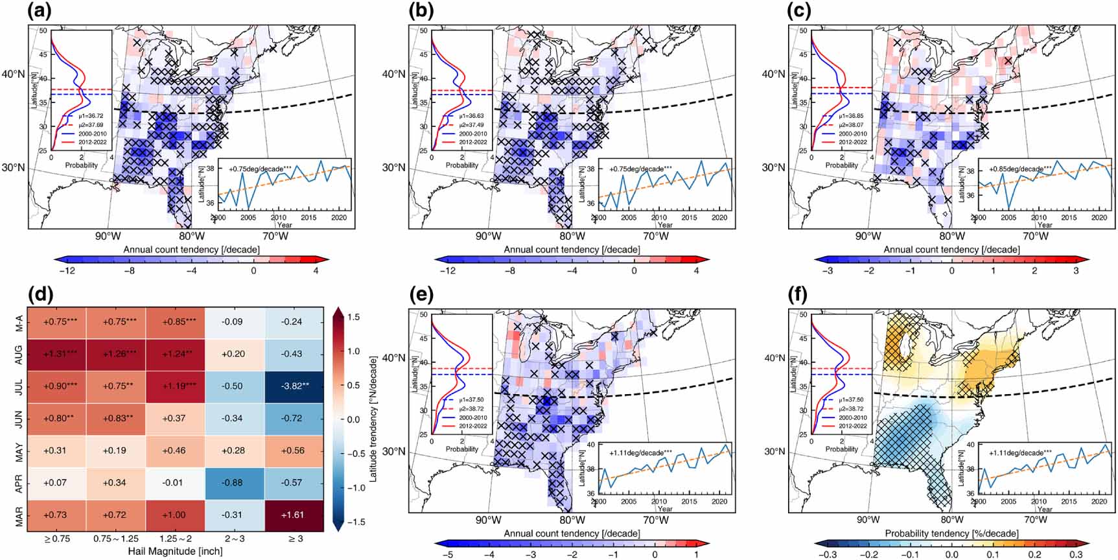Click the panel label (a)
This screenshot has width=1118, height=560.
[x=40, y=11]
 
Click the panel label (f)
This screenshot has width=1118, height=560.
[x=800, y=295]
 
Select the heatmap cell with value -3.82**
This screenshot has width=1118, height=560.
[x=292, y=386]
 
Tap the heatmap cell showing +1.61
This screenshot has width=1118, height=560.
[x=292, y=515]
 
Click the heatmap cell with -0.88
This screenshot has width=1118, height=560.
[x=233, y=482]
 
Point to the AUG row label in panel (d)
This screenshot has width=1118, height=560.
[x=19, y=354]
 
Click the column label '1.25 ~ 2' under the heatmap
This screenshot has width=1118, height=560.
[x=175, y=538]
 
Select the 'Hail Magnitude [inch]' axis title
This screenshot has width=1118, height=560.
[x=175, y=551]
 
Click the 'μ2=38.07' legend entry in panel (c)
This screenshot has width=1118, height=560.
[x=851, y=125]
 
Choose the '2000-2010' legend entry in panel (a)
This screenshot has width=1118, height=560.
[x=90, y=134]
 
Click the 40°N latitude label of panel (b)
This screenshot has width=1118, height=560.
[x=393, y=74]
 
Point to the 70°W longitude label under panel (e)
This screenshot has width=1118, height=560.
[x=655, y=520]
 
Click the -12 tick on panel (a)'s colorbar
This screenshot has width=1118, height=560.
[x=67, y=271]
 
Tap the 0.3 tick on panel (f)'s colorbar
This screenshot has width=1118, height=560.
[x=1076, y=555]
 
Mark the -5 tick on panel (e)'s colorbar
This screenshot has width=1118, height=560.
[x=447, y=555]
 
